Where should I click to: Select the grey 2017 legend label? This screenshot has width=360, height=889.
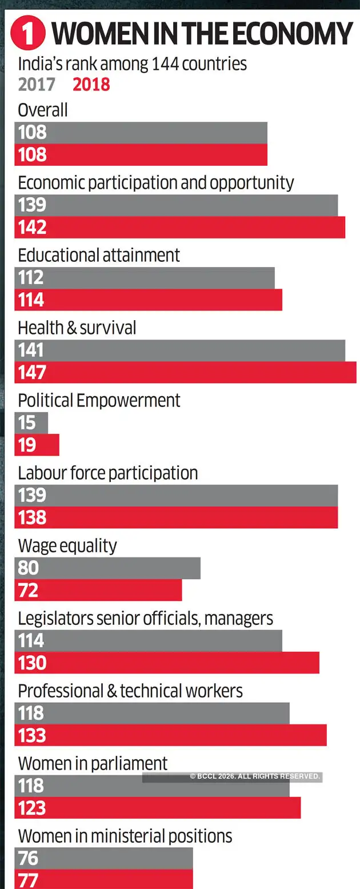tap(37, 85)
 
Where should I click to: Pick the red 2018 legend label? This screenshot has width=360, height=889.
tap(91, 85)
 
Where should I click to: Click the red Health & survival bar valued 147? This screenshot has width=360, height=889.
tap(185, 372)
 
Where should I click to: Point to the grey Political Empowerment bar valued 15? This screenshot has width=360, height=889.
tap(31, 422)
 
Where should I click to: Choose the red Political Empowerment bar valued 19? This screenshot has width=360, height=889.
tap(37, 445)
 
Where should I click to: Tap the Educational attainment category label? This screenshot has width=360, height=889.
tap(99, 255)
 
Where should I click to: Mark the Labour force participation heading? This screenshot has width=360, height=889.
tap(108, 473)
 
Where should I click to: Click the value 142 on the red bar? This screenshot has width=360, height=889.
tap(32, 228)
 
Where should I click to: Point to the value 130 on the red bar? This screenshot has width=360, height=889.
tap(32, 663)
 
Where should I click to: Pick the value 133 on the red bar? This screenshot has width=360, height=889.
tap(32, 735)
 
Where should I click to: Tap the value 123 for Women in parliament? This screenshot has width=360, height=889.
tap(32, 808)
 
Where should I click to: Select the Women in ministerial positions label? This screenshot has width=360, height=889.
tap(125, 836)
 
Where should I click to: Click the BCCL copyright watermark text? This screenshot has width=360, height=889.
tap(255, 776)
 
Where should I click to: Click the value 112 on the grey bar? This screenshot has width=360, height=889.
tap(31, 278)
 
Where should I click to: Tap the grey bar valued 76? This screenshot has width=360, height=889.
tap(103, 858)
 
